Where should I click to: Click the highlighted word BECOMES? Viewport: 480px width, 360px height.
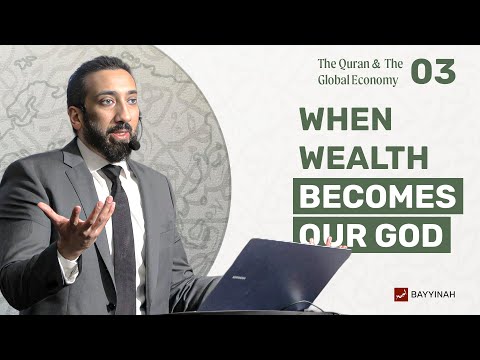click(x=377, y=196)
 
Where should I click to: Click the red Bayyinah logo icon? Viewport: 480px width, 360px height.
click(x=401, y=294)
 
